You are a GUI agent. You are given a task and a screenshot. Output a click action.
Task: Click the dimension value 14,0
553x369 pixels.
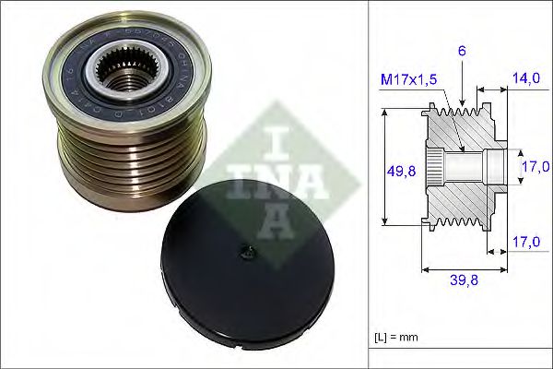526,80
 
